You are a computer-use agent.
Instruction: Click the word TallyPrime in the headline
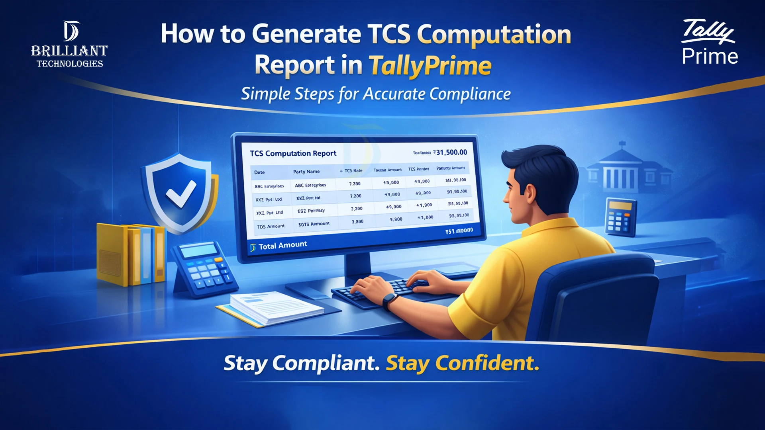click(x=430, y=66)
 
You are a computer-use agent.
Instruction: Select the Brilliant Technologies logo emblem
click(x=71, y=31)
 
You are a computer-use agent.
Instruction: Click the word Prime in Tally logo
click(x=710, y=56)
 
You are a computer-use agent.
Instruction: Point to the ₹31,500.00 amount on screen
click(x=451, y=152)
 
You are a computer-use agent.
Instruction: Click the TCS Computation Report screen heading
click(x=293, y=154)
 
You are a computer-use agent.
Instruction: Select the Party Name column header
click(x=306, y=172)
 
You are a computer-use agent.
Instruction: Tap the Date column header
click(x=259, y=172)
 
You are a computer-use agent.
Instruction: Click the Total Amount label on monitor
click(x=282, y=245)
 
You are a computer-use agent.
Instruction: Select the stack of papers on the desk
click(x=275, y=308)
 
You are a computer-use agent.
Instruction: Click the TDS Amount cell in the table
click(x=271, y=226)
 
